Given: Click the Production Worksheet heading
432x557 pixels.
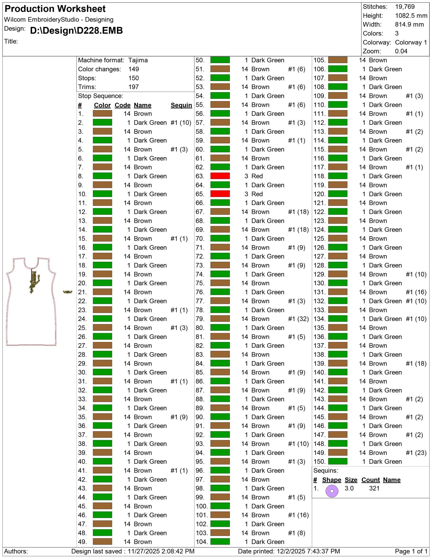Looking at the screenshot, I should tap(55, 9).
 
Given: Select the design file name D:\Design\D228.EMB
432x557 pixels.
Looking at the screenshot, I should tap(76, 31).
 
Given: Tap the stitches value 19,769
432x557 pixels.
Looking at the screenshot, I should tap(405, 7).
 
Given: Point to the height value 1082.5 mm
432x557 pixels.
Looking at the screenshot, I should tap(411, 16).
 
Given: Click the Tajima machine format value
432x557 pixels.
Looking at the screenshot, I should tap(138, 60).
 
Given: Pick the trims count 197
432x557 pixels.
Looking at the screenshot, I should tap(133, 87).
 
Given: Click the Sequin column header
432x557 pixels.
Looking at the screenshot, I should tap(181, 105).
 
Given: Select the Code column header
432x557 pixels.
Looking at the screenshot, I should tap(123, 105).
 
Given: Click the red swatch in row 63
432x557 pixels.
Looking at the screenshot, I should tap(220, 176).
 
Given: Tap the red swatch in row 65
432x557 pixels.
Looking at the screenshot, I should tap(220, 194).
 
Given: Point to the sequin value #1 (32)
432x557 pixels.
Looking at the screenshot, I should tap(298, 319).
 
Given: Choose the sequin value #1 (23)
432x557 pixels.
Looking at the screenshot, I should tap(416, 453).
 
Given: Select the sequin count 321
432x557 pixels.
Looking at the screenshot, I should tap(374, 488).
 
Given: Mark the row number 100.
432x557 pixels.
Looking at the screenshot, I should tap(202, 506).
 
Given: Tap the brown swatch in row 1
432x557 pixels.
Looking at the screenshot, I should tap(102, 114).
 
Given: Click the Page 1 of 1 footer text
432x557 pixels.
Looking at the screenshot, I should tap(411, 551).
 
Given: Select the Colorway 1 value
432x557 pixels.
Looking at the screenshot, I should tap(411, 42).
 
